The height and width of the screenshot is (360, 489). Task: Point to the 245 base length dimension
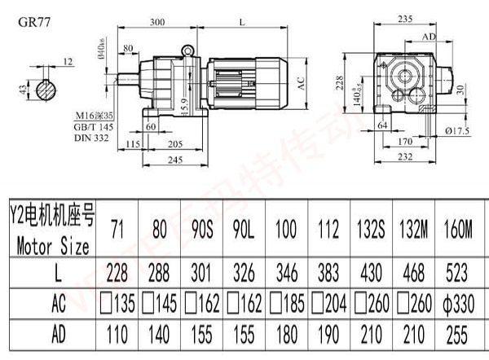coord(167,161)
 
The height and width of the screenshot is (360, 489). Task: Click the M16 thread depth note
coord(95,117)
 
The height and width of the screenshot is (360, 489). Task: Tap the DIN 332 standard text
coord(91,139)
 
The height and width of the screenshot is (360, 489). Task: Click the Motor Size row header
coord(51,244)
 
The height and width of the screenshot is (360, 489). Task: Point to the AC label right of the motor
coord(301,82)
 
